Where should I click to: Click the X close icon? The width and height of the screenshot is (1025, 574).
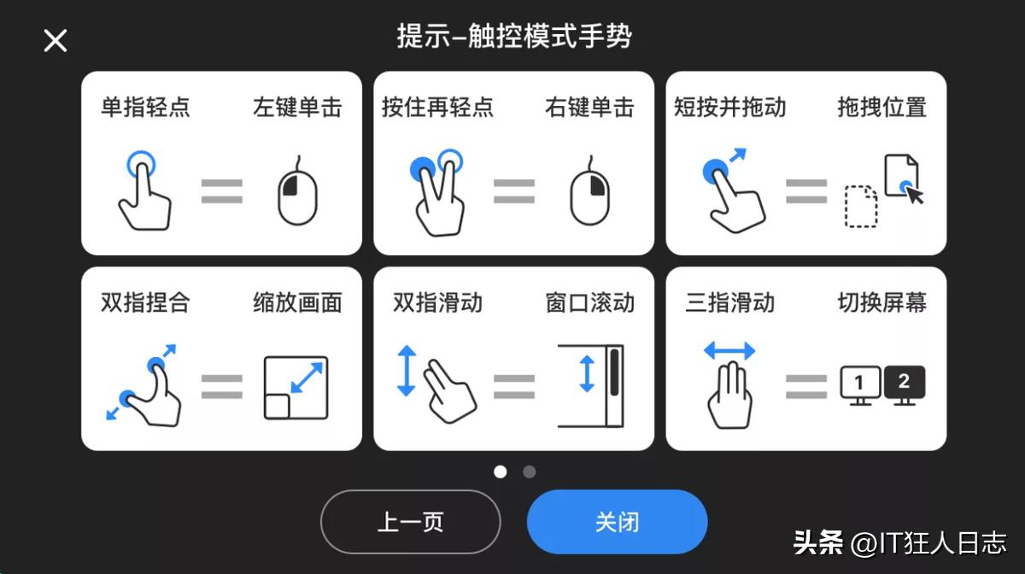click(56, 40)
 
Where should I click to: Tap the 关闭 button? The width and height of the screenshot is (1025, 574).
click(617, 522)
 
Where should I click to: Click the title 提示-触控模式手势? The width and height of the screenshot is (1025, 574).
click(514, 37)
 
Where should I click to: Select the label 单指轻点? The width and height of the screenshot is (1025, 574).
click(145, 108)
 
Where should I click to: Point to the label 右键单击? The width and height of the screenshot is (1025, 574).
click(589, 108)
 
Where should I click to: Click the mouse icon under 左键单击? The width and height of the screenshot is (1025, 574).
click(297, 191)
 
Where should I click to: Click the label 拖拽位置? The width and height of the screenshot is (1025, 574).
click(881, 108)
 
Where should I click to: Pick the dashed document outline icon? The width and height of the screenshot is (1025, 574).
click(861, 207)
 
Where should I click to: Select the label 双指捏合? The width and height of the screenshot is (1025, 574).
click(145, 302)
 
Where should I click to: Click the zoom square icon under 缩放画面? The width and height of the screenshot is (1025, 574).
click(296, 387)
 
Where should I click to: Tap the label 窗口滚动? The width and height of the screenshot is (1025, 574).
click(589, 302)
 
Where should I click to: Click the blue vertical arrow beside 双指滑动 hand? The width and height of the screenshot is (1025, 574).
click(406, 370)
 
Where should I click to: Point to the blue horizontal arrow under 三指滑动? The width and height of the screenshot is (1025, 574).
click(729, 350)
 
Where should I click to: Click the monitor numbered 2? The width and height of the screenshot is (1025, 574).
click(905, 384)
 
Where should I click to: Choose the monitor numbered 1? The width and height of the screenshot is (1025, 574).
click(860, 385)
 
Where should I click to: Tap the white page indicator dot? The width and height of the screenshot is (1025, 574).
click(501, 471)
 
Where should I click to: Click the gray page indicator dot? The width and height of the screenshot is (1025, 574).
click(530, 471)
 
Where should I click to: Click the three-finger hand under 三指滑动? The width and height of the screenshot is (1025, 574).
click(729, 395)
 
